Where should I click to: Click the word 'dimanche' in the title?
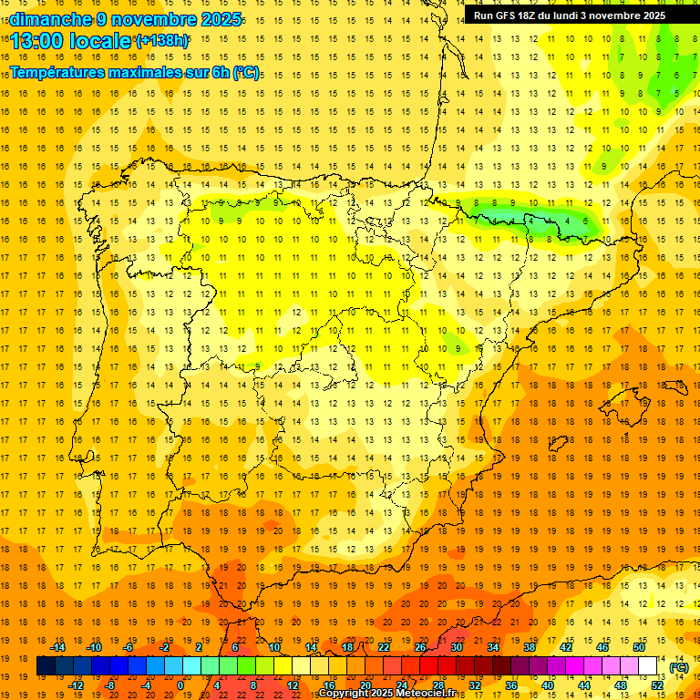point(46,19)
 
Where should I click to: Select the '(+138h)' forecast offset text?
point(161,41)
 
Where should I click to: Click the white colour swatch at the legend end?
point(647,666)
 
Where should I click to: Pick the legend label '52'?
point(657,685)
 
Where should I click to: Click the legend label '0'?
point(180,685)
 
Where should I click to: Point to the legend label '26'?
point(420,647)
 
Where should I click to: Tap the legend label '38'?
point(529,647)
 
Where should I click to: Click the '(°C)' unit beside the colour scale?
point(678,667)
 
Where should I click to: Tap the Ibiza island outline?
point(557,443)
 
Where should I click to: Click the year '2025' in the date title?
point(215,19)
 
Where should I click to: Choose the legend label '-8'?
point(109,685)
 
